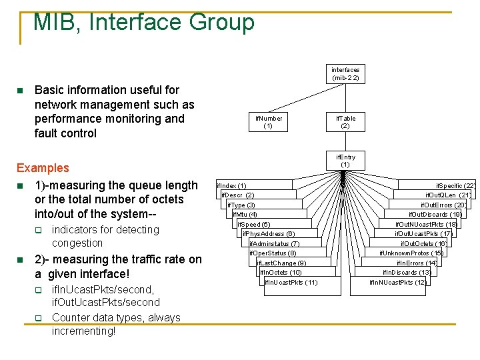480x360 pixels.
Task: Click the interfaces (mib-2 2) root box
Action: coord(345,74)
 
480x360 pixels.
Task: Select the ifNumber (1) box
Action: coord(269,122)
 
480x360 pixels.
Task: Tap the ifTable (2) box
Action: coord(345,122)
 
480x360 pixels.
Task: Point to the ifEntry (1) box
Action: coord(345,161)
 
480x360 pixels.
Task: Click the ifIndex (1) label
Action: coord(231,185)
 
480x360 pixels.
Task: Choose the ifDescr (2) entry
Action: coord(238,195)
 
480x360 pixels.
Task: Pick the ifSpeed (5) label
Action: coord(255,225)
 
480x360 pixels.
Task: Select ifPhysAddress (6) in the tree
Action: coord(269,234)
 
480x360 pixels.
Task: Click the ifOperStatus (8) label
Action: coord(273,253)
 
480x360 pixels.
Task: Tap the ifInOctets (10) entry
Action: coord(281,273)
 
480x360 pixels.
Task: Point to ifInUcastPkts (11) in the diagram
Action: coord(291,283)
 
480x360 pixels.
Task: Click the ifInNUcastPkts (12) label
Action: coord(398,283)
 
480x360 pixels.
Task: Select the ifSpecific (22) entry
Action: coord(455,185)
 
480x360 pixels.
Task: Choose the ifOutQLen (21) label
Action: coord(449,195)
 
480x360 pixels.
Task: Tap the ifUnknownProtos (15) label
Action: coord(411,253)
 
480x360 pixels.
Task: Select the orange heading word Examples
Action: coord(43,168)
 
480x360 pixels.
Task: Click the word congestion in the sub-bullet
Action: coord(77,243)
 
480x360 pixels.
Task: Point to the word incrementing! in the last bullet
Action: coord(83,331)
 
